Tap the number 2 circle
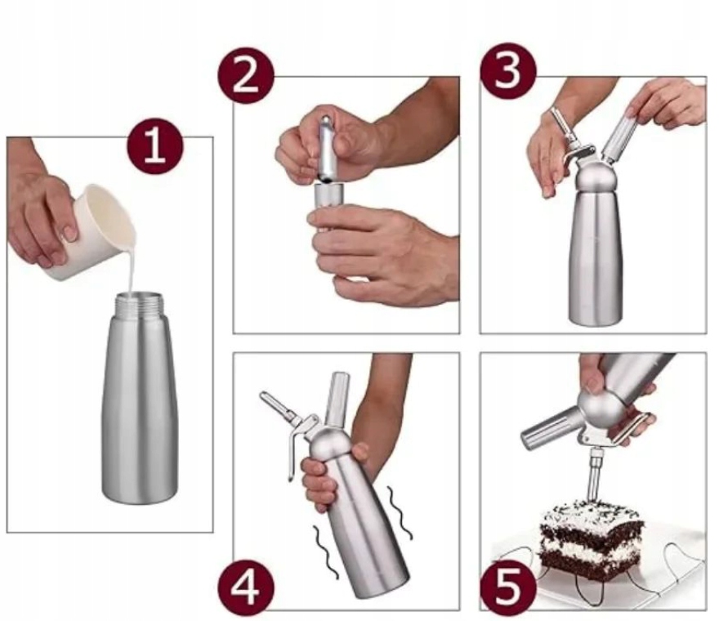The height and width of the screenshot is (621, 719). pyautogui.click(x=246, y=76)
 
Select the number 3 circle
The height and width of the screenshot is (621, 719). pyautogui.click(x=508, y=71)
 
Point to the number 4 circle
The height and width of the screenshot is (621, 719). pyautogui.click(x=246, y=587)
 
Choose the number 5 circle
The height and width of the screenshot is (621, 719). pyautogui.click(x=508, y=587)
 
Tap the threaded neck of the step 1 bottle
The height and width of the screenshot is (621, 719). pyautogui.click(x=138, y=305)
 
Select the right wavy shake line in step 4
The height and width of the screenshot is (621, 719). pyautogui.click(x=400, y=513)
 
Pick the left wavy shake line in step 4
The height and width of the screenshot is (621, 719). pyautogui.click(x=325, y=552)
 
